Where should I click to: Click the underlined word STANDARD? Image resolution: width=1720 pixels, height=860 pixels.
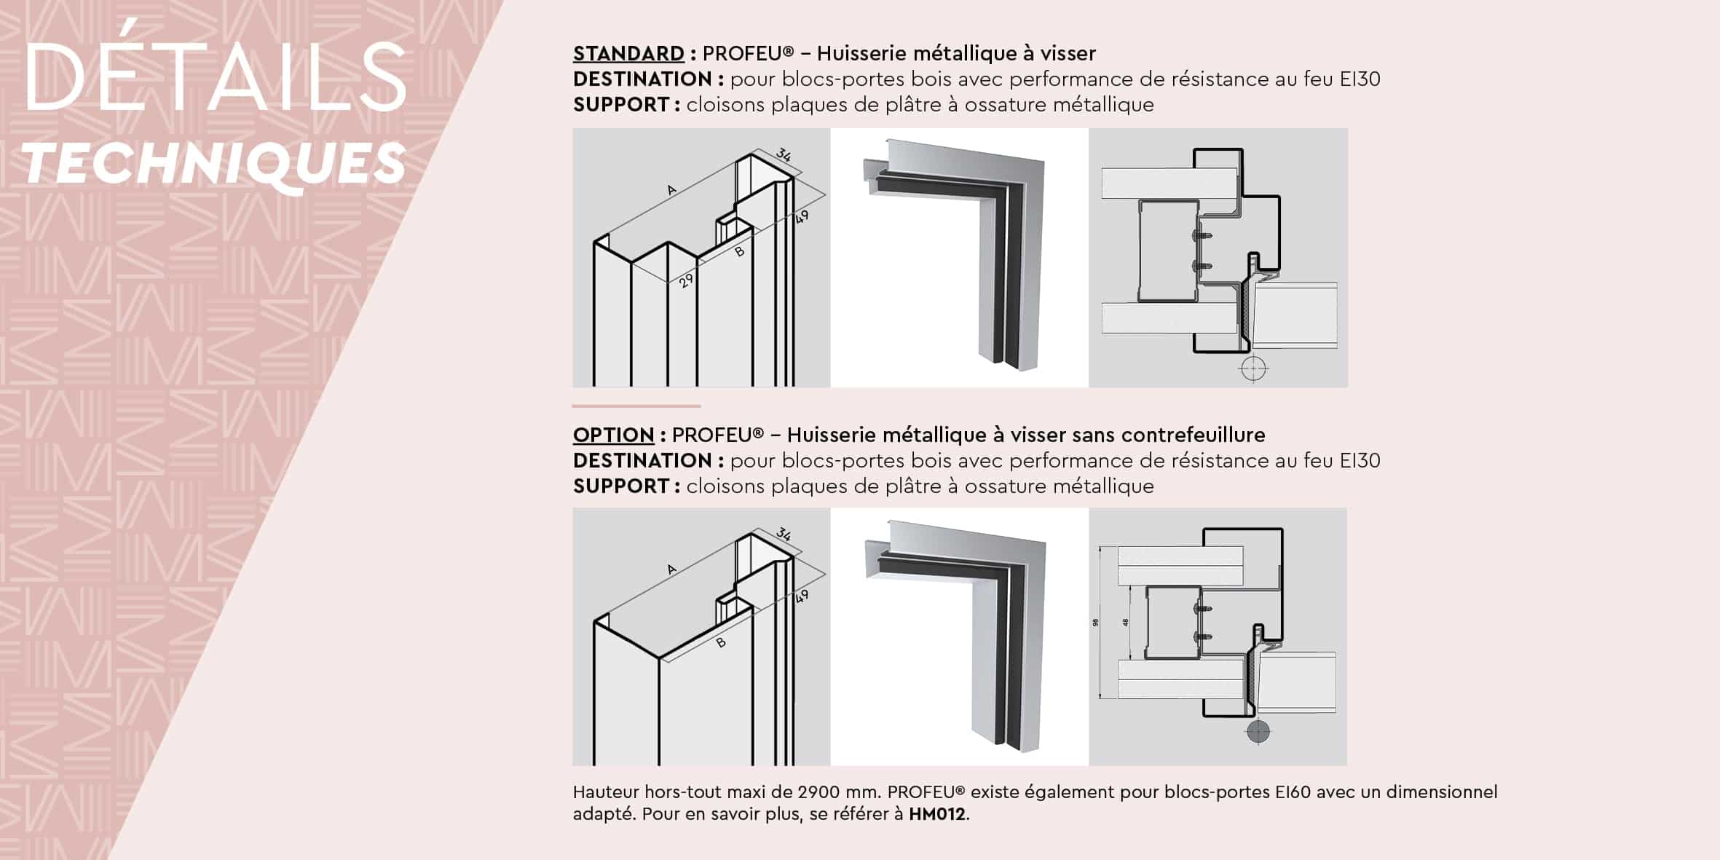point(628,54)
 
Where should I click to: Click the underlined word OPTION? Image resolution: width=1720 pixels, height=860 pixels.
point(613,435)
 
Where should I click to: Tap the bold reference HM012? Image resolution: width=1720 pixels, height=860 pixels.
point(937,814)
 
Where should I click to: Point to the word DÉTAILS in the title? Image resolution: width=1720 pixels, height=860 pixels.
point(216,76)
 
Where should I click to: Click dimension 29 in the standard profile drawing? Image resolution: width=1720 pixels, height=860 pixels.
point(685,280)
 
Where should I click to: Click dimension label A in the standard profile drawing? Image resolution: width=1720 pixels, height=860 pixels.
point(671,191)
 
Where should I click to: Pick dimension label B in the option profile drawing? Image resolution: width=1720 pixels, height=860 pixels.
point(721,643)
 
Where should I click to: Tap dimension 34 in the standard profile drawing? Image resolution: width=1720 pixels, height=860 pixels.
point(783,155)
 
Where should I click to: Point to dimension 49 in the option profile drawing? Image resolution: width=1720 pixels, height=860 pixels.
point(801,597)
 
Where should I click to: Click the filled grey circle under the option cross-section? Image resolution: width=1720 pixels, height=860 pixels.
point(1258,732)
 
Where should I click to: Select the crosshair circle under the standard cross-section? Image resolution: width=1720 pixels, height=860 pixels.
point(1252,369)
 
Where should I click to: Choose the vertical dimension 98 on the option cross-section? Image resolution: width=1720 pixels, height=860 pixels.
point(1096,623)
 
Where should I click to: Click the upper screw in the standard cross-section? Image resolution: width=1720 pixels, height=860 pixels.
point(1201,236)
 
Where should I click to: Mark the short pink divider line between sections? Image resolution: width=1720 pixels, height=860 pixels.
point(636,406)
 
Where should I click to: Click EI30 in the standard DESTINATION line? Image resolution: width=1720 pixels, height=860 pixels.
point(1360,79)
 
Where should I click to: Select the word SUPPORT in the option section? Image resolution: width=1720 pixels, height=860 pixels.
point(621,486)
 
